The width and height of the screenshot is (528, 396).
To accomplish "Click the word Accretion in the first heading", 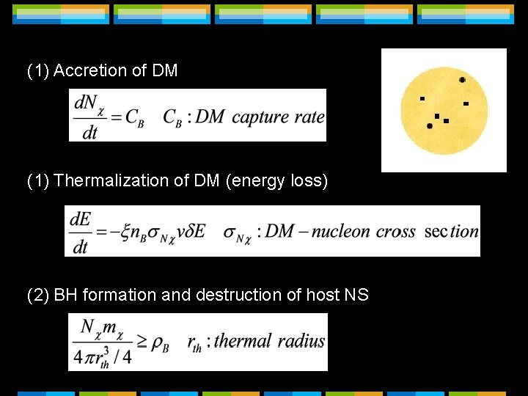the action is click(85, 71).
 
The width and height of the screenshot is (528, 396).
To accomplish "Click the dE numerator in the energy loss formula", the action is click(80, 219).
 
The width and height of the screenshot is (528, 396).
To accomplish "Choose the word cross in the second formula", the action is click(396, 232).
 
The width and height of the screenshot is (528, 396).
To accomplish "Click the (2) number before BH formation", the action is click(38, 296).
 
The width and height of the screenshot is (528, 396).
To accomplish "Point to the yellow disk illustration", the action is click(444, 110).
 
